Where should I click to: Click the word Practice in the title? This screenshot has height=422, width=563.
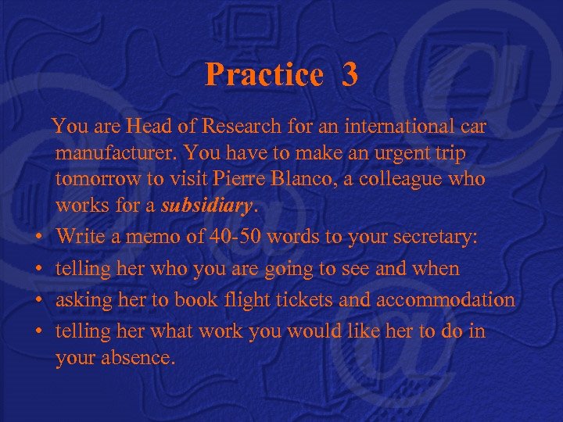click(264, 75)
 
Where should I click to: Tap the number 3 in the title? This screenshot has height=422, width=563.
click(350, 75)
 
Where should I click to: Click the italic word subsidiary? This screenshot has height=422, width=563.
click(206, 206)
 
